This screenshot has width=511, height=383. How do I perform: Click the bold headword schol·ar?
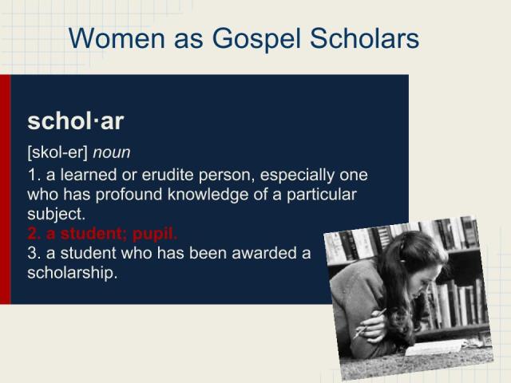tap(75, 121)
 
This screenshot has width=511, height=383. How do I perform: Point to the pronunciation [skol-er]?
tap(57, 152)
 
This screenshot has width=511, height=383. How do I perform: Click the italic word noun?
tap(112, 152)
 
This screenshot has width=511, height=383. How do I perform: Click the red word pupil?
tap(155, 234)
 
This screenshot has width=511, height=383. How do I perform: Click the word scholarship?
tap(72, 273)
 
